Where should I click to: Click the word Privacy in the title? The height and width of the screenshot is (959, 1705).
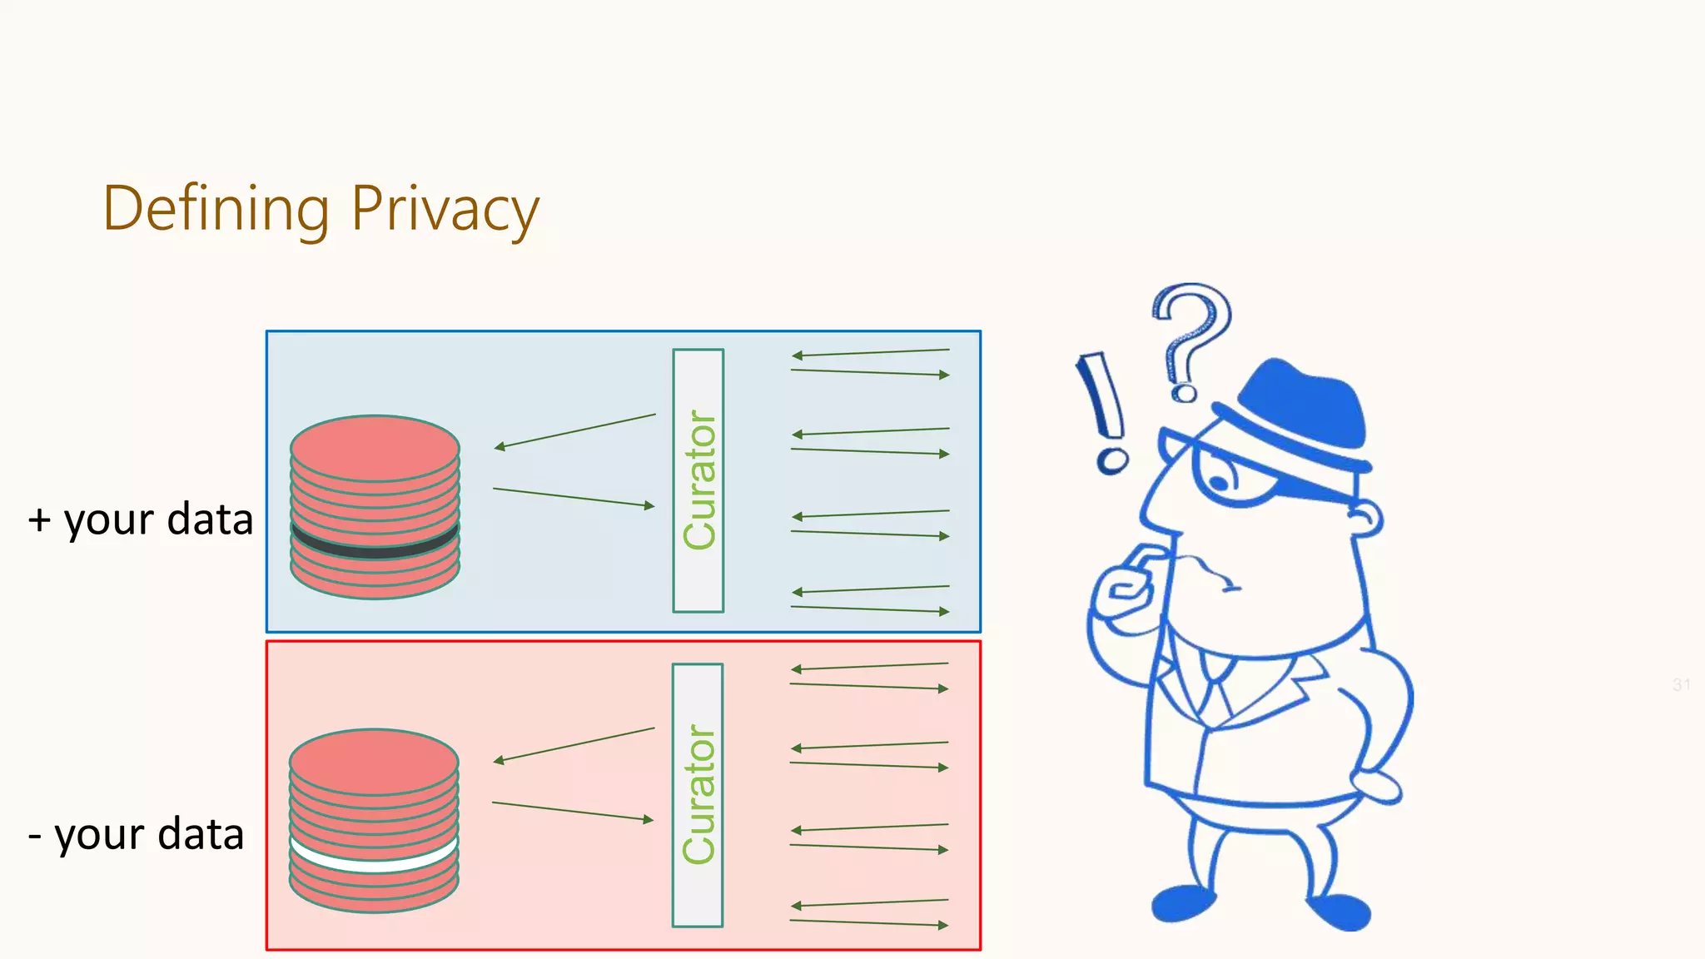445,210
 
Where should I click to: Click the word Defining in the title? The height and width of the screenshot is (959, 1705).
216,210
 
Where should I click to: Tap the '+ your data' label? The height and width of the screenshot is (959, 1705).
141,520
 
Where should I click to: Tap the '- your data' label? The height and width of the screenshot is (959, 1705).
137,834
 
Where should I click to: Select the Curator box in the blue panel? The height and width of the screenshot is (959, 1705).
698,480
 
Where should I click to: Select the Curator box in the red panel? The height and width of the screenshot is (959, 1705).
697,795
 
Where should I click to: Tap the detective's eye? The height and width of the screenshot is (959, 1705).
1220,481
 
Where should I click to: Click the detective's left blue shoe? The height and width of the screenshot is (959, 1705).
1182,903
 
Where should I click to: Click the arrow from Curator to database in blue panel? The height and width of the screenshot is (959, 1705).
574,430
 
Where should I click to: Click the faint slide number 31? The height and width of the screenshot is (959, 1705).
1681,685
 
